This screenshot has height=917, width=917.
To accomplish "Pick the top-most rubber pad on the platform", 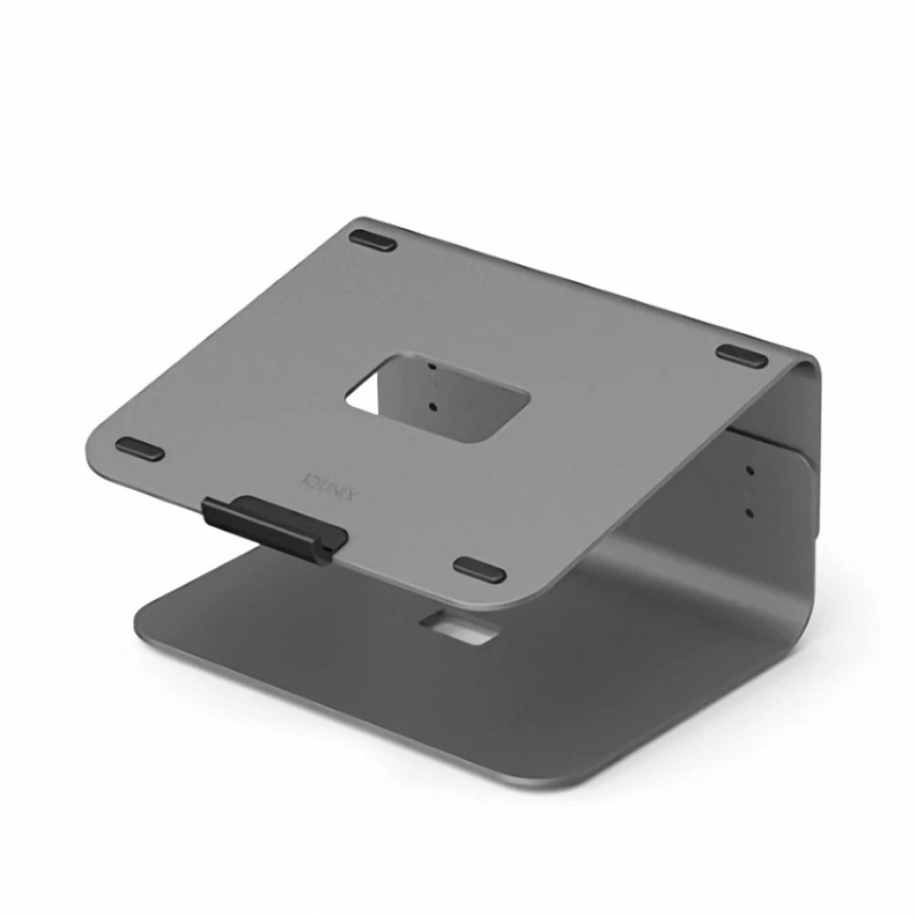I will click(373, 240).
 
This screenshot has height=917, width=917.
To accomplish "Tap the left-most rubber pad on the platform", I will click(140, 449).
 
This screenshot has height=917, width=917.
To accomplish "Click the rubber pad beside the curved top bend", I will click(741, 356).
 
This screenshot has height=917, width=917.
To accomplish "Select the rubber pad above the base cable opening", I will click(480, 570).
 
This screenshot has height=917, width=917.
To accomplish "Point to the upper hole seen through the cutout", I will click(432, 367).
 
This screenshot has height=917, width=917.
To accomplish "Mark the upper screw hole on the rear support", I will click(749, 470).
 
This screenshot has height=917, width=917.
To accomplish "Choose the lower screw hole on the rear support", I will click(749, 513).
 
